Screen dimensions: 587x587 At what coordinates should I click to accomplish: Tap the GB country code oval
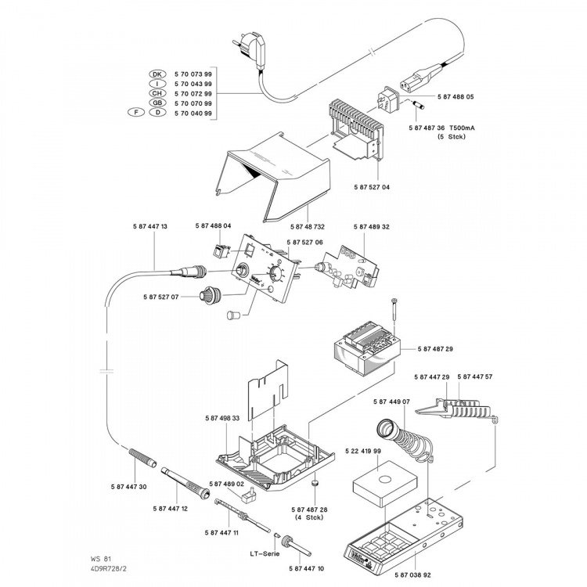tap(158, 103)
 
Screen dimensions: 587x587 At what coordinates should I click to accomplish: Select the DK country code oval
tap(158, 73)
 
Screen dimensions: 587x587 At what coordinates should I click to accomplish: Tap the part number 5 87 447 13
tap(146, 226)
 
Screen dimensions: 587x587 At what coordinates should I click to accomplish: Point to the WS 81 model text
tap(100, 560)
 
